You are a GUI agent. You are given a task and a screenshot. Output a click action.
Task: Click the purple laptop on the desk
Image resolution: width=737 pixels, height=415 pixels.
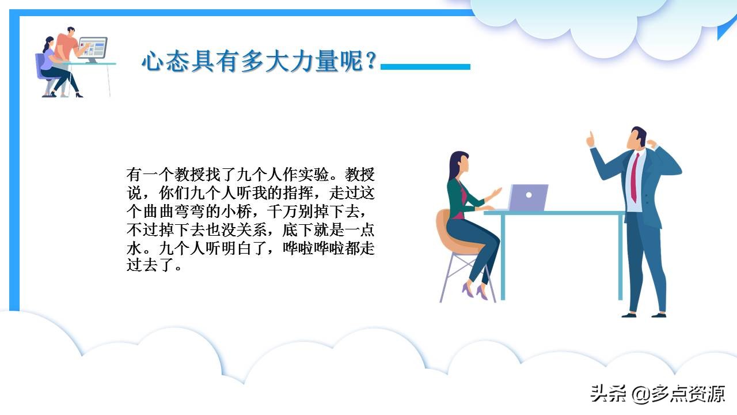[528, 198]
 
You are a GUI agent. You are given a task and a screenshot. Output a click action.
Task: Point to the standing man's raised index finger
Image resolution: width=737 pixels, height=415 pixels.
[590, 138]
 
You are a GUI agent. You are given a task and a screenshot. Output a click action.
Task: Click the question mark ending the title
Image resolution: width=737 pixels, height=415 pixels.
[371, 61]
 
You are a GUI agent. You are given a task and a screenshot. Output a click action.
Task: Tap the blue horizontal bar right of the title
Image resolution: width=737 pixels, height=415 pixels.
[426, 67]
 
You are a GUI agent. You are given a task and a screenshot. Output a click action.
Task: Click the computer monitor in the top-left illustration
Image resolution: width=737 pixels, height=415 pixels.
[93, 47]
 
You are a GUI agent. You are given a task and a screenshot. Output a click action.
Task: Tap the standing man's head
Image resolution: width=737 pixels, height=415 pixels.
[635, 137]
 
